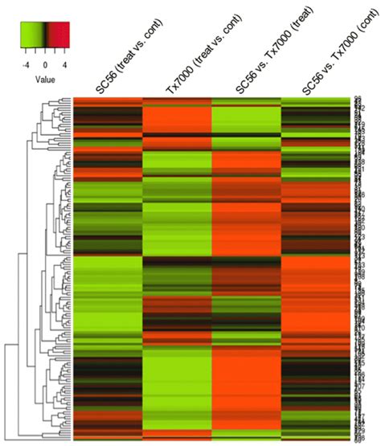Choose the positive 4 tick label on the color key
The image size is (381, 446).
click(x=64, y=61)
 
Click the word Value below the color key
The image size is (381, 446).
click(x=44, y=80)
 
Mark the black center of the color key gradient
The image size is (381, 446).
click(x=46, y=35)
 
